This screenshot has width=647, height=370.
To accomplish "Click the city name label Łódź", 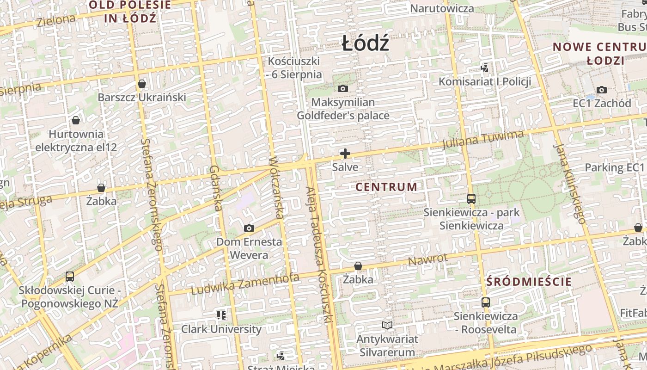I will [x=365, y=44].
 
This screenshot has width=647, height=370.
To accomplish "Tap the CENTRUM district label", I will [x=386, y=187].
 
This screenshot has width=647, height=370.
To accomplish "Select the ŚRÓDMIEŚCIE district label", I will [x=529, y=282].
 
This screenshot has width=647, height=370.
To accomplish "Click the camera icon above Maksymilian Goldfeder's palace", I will [x=343, y=88].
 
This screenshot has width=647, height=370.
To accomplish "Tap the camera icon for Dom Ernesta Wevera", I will [x=249, y=228].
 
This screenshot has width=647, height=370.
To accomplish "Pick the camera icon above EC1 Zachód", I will [x=601, y=90].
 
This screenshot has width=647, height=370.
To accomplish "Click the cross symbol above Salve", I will [x=345, y=154].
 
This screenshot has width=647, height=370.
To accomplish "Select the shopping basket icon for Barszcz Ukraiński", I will [x=142, y=84].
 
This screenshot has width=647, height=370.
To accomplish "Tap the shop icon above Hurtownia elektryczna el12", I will [x=76, y=120].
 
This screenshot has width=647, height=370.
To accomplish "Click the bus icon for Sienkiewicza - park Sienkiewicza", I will [x=471, y=199].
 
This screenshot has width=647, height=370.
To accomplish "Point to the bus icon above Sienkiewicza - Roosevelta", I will [x=485, y=302].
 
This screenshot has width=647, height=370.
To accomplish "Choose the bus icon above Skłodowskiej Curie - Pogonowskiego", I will [x=70, y=277].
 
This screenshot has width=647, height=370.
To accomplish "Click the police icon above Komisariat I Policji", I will [x=484, y=68].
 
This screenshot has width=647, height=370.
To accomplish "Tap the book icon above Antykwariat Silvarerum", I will [x=387, y=325].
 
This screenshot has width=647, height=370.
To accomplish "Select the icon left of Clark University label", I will [x=221, y=315].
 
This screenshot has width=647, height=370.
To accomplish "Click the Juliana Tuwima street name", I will [x=483, y=140].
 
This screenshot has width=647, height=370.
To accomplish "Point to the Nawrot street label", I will [x=427, y=260].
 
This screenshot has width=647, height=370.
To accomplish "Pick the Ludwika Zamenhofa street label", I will [x=245, y=284].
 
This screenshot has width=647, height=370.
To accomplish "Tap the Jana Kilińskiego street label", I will [x=569, y=184].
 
